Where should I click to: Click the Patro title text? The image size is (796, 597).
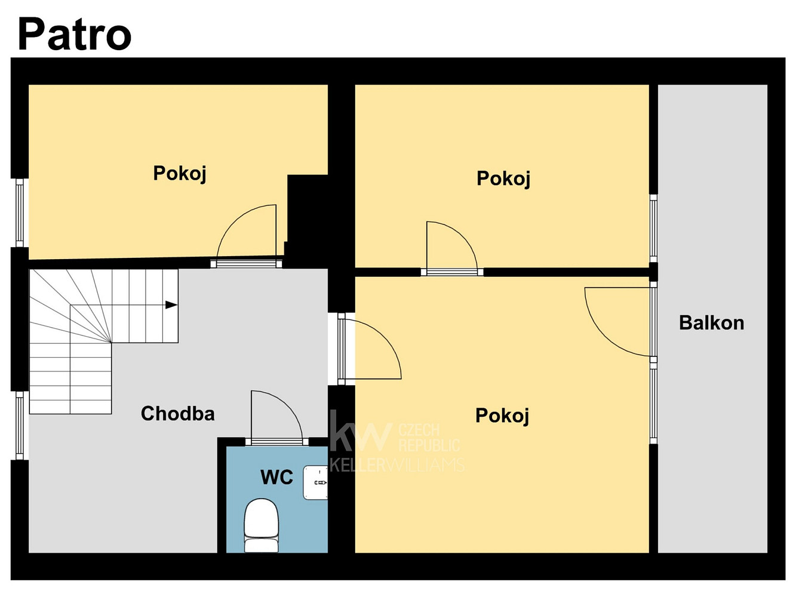tap(74, 35)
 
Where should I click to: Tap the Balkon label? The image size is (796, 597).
tap(711, 322)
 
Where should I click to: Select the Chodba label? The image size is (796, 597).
tap(178, 413)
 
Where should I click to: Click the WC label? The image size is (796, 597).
tap(276, 477)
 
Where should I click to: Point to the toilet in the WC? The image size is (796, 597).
tap(262, 525)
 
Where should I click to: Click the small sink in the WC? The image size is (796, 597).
tap(315, 482)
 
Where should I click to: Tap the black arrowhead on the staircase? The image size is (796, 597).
tap(171, 305)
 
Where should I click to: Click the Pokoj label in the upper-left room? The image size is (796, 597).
tap(180, 173)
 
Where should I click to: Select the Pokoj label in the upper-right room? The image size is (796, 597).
tap(503, 179)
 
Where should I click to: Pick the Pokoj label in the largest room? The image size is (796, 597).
tap(502, 416)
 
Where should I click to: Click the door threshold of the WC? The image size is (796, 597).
tap(277, 442)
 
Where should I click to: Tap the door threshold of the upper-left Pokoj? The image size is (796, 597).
tap(247, 263)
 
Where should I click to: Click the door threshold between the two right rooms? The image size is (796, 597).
tap(452, 272)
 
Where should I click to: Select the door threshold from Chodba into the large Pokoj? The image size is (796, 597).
tap(342, 349)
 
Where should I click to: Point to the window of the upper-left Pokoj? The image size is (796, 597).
tap(20, 213)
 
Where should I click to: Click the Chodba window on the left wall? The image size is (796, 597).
tap(20, 426)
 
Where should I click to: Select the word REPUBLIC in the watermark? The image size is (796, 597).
tap(429, 445)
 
